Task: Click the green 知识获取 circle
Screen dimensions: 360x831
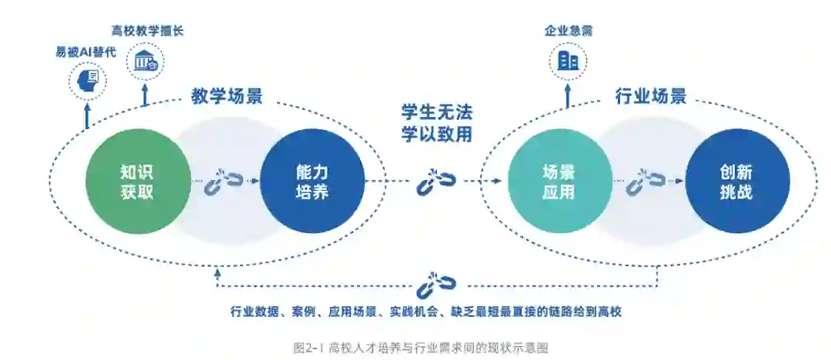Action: tap(138, 182)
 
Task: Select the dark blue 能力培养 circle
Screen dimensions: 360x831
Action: tap(312, 182)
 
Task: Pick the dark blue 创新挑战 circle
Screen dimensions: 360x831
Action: tap(737, 182)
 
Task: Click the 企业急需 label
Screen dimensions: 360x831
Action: tap(569, 31)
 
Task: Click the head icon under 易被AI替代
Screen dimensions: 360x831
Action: tap(87, 79)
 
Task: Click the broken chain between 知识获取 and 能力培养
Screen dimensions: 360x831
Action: tap(223, 182)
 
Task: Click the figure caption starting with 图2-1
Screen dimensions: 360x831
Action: tap(420, 348)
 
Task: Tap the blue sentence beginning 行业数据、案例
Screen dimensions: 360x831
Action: tap(426, 312)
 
